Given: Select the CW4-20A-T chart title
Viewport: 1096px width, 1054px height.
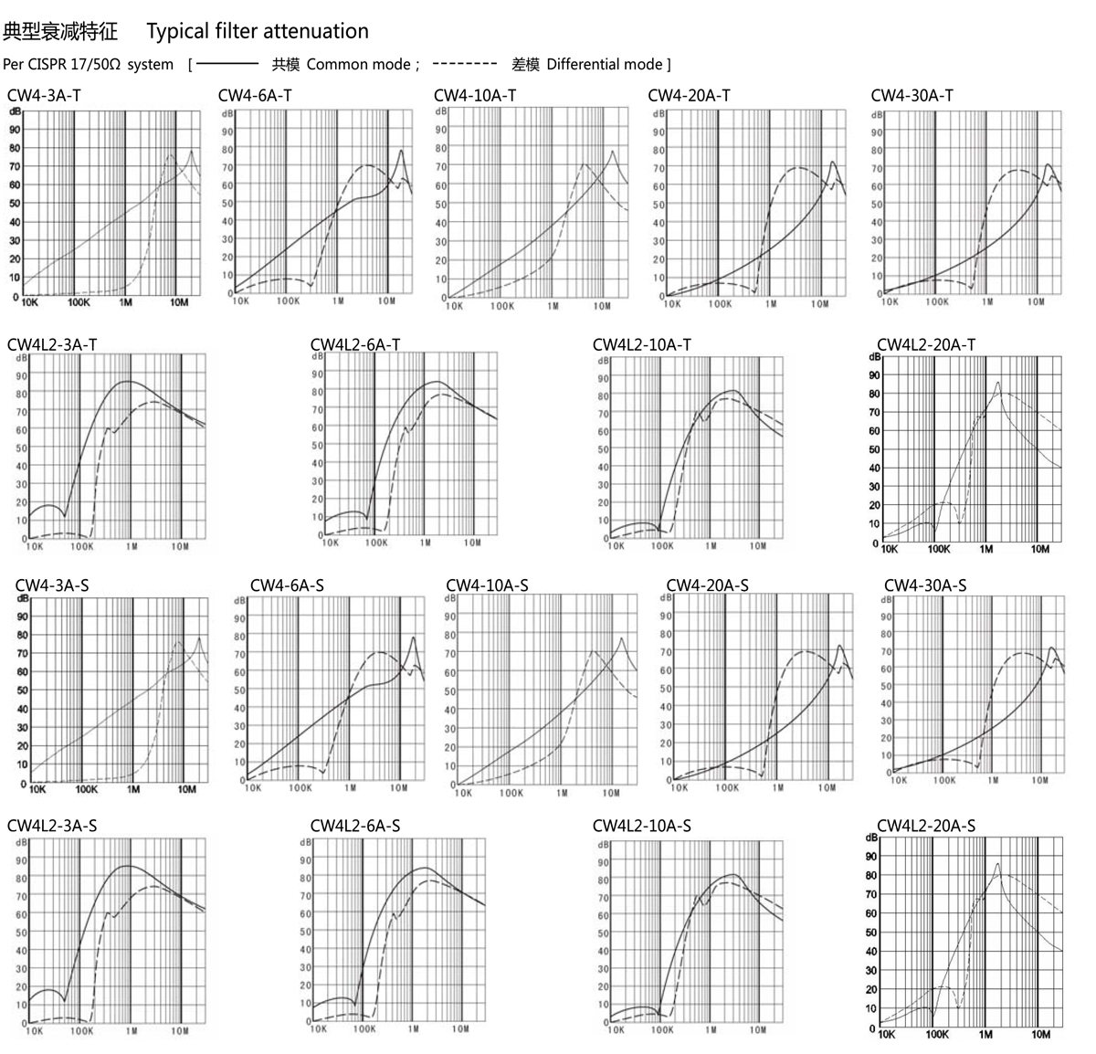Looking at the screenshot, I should click(x=689, y=95).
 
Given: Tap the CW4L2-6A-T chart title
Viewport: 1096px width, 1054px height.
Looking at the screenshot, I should click(x=354, y=344).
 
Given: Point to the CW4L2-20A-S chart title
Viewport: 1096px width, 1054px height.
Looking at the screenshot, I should click(x=925, y=826).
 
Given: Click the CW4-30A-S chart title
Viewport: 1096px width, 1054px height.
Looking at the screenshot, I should click(x=924, y=585).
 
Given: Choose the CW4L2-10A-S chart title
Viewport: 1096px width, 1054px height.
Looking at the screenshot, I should click(x=641, y=826).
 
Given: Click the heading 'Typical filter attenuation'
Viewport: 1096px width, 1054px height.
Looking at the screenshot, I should click(x=258, y=31).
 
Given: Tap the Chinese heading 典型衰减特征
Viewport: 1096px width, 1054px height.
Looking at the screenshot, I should click(x=60, y=31).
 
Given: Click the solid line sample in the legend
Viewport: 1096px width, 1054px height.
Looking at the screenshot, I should click(x=227, y=64).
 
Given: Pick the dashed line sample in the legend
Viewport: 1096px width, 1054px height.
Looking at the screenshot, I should click(x=465, y=64).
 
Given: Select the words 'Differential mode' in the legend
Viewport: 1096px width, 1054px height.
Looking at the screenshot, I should click(x=604, y=64).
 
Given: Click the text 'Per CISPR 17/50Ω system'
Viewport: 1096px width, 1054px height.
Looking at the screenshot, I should click(x=88, y=64).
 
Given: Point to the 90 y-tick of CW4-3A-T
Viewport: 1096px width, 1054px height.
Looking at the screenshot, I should click(x=15, y=129).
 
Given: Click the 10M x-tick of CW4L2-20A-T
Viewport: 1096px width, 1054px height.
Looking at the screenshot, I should click(x=1040, y=550).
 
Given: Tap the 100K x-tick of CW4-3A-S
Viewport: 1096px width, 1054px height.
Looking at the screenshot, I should click(x=86, y=789).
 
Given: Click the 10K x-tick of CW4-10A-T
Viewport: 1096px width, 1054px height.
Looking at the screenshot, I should click(x=455, y=307).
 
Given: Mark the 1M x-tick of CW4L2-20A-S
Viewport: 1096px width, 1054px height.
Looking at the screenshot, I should click(x=985, y=1035).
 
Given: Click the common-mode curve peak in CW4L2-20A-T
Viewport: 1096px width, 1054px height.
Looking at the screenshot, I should click(x=997, y=383).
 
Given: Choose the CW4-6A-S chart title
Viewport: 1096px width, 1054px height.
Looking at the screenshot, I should click(x=287, y=585).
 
